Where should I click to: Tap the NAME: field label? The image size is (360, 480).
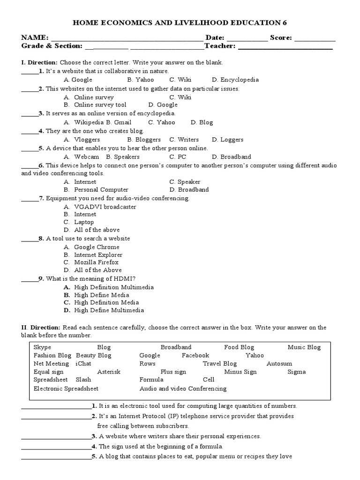(34, 37)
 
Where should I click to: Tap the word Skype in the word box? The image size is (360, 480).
(42, 347)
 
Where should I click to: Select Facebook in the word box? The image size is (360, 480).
(195, 355)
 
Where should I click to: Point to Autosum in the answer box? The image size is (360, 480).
(279, 364)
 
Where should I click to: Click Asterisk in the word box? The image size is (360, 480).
(109, 372)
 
